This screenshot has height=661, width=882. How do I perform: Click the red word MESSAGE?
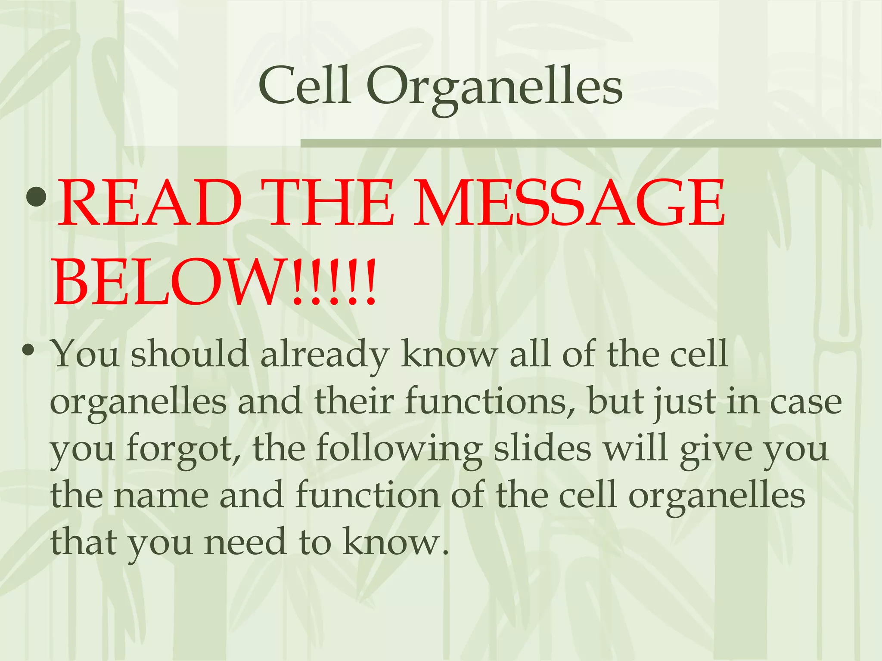point(569,203)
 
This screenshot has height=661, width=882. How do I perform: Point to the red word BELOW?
point(168,282)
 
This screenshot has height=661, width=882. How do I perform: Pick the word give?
point(715,450)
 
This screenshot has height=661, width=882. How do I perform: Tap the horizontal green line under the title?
point(590,143)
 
